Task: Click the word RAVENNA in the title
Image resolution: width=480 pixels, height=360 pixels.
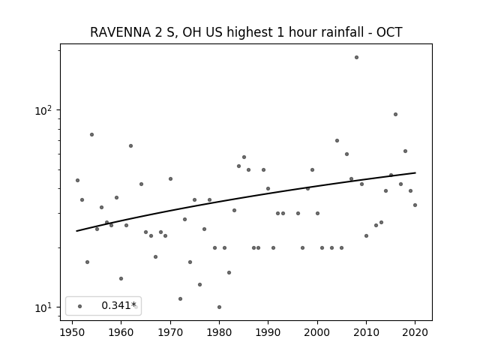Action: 121,32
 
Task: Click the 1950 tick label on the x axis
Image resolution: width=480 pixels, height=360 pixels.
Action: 72,332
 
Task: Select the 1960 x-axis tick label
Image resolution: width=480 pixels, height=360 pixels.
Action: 121,332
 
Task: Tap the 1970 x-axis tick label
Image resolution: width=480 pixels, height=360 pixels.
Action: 170,332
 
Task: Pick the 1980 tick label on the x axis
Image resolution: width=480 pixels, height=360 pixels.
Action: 219,332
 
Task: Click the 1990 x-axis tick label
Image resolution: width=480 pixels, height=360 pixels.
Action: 268,332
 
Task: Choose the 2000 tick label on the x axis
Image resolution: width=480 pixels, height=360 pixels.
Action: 317,332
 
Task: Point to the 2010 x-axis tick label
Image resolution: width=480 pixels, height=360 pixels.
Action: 366,332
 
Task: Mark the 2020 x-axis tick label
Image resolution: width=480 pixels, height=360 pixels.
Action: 415,332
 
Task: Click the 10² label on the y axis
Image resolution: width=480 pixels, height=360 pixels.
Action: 43,110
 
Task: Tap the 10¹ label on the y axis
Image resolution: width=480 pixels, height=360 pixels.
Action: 43,307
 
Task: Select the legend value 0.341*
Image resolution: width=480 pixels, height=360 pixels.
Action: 118,305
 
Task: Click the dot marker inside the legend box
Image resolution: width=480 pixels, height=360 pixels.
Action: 80,306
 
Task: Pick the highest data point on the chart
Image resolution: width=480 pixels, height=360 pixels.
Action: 356,57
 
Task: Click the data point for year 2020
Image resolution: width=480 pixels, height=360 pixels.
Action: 415,205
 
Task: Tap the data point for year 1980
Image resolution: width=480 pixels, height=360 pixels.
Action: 219,307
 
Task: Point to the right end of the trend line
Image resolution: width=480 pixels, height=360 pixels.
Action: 415,172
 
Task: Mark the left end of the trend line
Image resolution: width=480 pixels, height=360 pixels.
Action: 76,231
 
